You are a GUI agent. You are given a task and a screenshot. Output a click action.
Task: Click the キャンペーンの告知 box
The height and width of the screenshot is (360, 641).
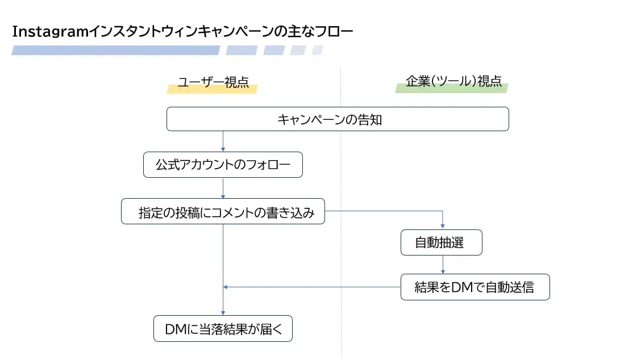click(337, 119)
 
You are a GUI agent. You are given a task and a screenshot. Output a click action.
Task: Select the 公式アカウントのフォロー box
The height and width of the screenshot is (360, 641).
click(223, 165)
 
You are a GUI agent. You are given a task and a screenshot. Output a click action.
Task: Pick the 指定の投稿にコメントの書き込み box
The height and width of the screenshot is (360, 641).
click(223, 212)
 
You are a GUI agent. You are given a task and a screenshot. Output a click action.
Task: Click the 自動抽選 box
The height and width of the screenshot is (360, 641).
click(441, 242)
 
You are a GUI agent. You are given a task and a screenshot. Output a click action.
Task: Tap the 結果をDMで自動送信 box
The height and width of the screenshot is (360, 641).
click(474, 287)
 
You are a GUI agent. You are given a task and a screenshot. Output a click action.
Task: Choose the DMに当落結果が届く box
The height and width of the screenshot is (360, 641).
click(223, 329)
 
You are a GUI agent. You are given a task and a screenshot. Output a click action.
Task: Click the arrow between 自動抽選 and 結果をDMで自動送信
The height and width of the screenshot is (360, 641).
click(443, 265)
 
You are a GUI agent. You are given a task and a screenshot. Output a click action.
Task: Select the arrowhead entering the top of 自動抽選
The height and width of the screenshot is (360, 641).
click(443, 227)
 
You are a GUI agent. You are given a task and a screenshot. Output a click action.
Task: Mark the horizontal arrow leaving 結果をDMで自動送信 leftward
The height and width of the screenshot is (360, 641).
click(313, 287)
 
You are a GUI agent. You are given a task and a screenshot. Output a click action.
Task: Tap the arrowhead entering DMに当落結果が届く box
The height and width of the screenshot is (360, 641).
click(223, 312)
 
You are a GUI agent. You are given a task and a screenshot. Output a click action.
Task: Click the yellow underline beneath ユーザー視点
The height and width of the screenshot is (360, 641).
click(213, 89)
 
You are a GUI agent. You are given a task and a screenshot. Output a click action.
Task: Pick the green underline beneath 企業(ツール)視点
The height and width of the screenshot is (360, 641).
click(451, 89)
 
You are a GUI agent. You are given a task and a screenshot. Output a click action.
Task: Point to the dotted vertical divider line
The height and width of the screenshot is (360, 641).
click(341, 170)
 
